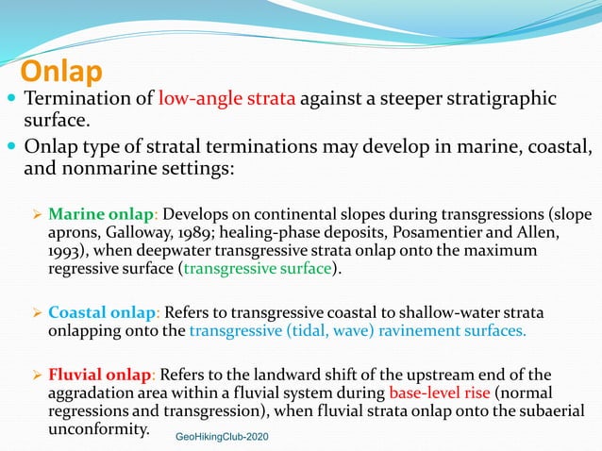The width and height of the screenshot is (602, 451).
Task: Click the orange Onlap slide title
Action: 61,72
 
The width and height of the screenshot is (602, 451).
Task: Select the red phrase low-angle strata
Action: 226,99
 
